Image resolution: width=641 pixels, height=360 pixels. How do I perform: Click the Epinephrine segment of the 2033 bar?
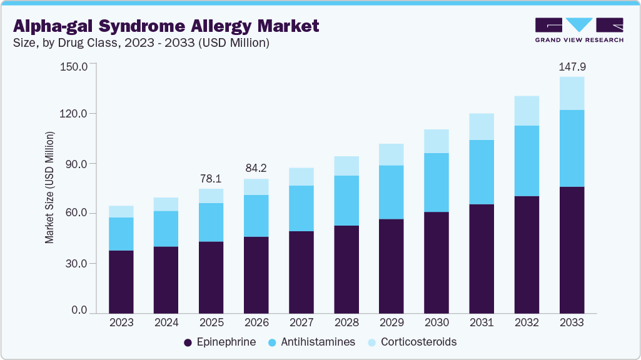click(572, 250)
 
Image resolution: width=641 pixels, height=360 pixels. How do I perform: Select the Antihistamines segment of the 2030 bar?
click(437, 182)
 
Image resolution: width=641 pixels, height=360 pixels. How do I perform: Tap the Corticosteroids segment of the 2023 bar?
click(121, 212)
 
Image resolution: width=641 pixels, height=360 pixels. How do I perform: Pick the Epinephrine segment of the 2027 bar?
click(301, 272)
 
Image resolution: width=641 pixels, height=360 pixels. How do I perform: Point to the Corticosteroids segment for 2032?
click(527, 111)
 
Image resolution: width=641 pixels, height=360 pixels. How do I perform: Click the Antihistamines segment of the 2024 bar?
click(166, 229)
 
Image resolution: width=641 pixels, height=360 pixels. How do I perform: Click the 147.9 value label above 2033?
click(572, 67)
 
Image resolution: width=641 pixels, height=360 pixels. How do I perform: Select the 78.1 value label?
click(211, 179)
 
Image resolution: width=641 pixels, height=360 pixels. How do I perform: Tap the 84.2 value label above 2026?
click(256, 169)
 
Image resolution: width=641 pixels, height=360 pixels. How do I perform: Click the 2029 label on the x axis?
click(391, 322)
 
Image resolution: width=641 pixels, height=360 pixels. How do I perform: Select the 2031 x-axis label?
click(482, 322)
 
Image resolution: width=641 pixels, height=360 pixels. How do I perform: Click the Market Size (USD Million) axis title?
click(49, 187)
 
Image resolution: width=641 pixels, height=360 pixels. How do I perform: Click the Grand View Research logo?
click(578, 30)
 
